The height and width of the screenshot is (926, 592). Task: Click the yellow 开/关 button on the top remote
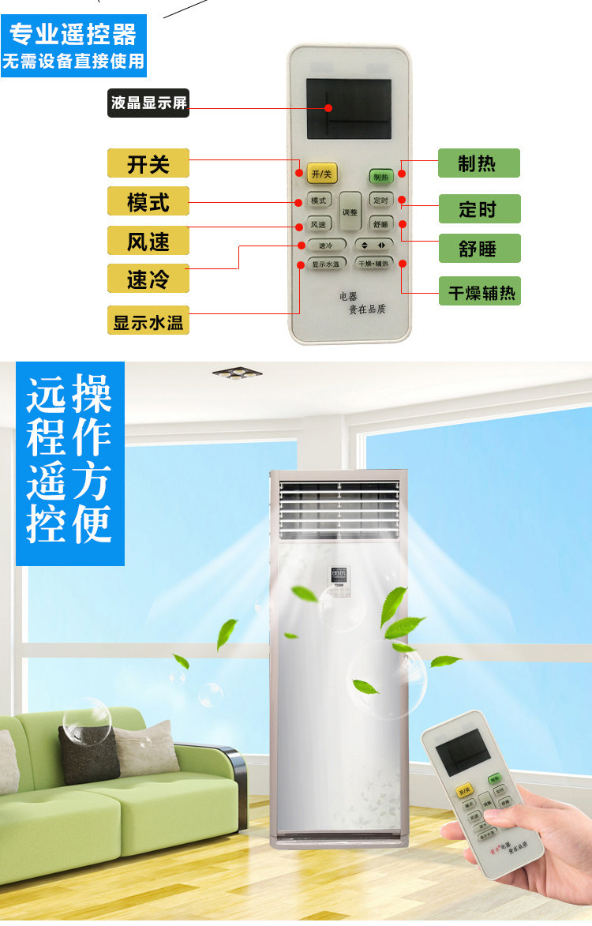click(x=322, y=173)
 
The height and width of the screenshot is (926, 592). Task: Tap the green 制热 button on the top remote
click(x=381, y=177)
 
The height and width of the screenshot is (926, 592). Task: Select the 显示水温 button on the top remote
click(x=325, y=264)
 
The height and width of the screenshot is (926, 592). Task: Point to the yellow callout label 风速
click(x=148, y=241)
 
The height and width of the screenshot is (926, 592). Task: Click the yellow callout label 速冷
click(x=148, y=279)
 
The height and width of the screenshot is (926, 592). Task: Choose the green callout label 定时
click(x=479, y=209)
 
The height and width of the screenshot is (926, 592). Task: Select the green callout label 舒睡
click(x=479, y=248)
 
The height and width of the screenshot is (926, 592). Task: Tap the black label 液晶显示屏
click(x=148, y=103)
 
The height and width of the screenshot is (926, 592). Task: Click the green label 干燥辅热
click(x=480, y=291)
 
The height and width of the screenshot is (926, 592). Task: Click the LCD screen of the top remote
click(x=348, y=108)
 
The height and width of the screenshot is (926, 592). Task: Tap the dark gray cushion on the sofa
click(x=88, y=754)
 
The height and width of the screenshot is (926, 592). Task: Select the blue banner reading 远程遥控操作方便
click(x=70, y=463)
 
